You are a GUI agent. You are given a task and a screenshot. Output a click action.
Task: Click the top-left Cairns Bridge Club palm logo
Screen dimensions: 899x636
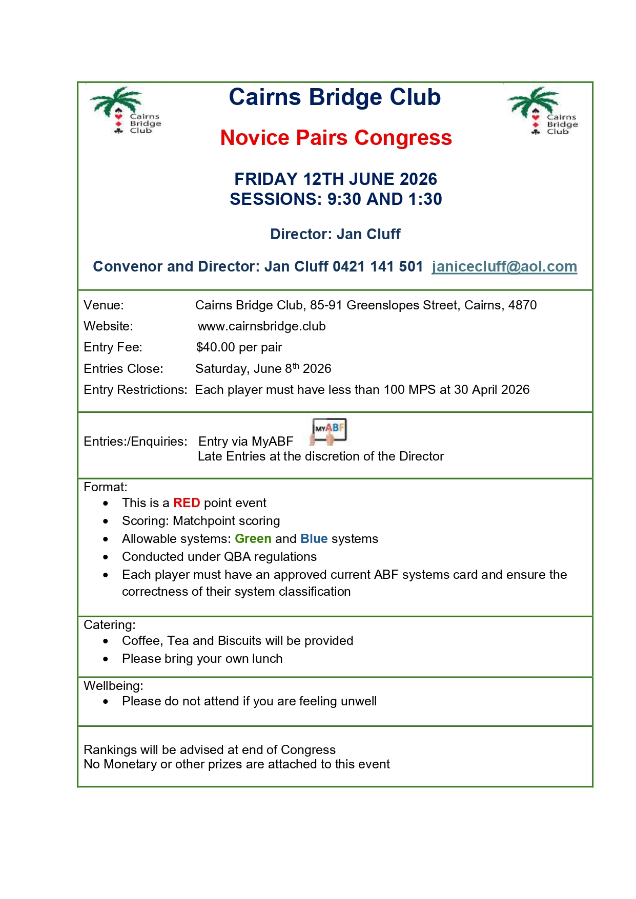point(126,111)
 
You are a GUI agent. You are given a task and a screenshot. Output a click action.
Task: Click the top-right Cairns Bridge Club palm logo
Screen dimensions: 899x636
point(543,111)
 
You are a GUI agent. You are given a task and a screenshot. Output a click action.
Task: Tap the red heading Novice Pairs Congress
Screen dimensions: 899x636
point(336,138)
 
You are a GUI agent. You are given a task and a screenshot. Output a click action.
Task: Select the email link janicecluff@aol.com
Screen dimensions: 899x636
point(504,266)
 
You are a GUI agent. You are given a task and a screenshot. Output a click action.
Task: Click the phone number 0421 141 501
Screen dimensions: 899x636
point(378,266)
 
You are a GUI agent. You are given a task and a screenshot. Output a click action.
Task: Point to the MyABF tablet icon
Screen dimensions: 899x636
point(329,431)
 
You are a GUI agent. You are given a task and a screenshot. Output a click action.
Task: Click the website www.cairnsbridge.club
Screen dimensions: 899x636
point(261,326)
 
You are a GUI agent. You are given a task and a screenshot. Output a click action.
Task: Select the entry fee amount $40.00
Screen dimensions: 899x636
point(216,347)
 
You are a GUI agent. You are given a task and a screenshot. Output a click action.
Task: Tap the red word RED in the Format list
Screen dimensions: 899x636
point(187,503)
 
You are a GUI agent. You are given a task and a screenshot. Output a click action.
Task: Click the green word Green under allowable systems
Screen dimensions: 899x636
point(253,539)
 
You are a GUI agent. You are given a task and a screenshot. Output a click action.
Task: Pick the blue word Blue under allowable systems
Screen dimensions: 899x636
point(314,539)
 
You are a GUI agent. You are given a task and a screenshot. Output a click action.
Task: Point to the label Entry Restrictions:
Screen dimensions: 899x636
point(135,390)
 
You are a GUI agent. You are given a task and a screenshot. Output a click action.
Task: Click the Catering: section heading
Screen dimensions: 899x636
point(110,625)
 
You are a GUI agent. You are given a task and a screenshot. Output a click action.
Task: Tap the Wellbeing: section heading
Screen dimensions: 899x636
point(113,686)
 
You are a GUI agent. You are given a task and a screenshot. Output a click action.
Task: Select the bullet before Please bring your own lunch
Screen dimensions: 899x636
point(106,659)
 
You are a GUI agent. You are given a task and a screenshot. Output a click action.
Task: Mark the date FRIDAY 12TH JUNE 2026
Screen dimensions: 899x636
point(336,179)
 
